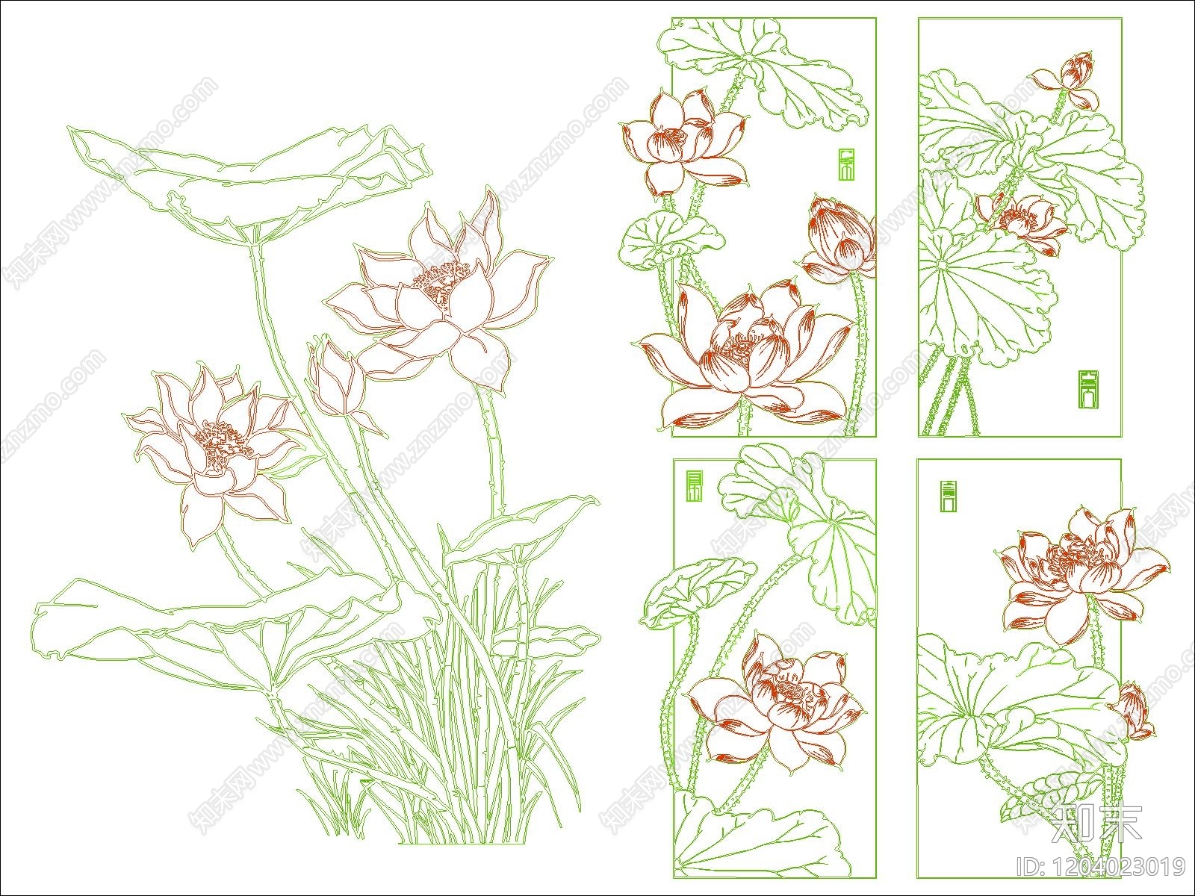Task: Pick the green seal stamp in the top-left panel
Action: (845, 164)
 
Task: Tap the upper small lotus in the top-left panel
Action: (680, 142)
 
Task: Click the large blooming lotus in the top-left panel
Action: (747, 351)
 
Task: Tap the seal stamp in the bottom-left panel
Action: (695, 486)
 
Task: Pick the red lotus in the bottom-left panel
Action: (777, 702)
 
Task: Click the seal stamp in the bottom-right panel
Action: (949, 497)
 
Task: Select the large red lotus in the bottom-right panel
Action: (1079, 571)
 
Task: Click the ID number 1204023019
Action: (1102, 867)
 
